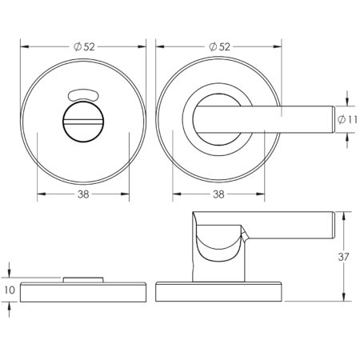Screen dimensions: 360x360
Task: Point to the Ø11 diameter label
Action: tap(346, 118)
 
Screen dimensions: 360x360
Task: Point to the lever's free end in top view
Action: tap(331, 118)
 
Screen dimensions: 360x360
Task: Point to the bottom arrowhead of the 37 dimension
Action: tap(344, 298)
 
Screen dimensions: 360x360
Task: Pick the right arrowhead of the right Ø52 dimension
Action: tap(283, 46)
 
